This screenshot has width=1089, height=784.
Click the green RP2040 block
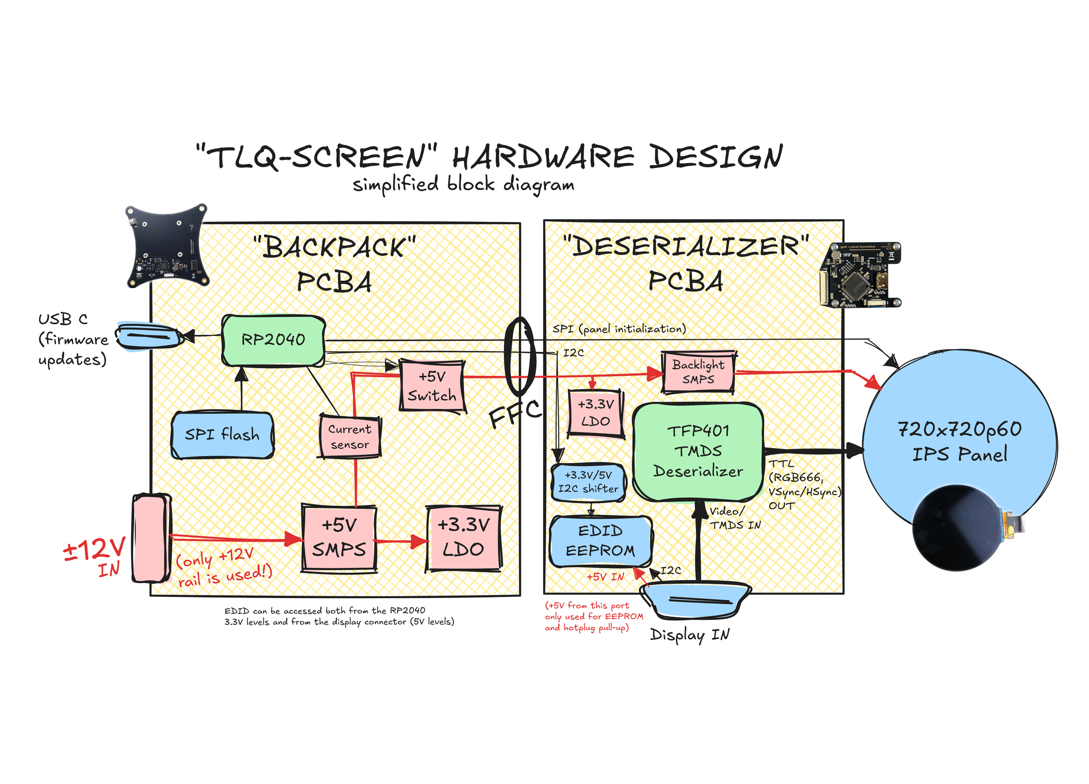tap(273, 340)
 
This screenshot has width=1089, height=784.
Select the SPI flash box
tap(222, 435)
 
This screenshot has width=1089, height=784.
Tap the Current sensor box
tap(350, 437)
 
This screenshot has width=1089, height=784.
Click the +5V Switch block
tap(432, 386)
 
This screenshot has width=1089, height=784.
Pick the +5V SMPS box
tap(339, 538)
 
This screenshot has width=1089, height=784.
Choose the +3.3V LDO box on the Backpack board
tap(463, 538)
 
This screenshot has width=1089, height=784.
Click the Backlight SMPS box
tap(698, 372)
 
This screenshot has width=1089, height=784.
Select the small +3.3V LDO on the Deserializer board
tap(596, 413)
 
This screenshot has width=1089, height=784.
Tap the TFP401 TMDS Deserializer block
tap(698, 451)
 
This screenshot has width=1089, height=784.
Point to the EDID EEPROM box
tap(600, 541)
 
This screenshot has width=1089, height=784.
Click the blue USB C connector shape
tap(148, 336)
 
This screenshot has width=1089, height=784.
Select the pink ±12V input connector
tap(152, 538)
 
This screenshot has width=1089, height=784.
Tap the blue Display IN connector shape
tap(695, 600)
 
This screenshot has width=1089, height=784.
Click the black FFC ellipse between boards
tap(520, 355)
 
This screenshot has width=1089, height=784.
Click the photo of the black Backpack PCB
tap(166, 246)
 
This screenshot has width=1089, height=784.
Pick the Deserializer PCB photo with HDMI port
tap(860, 275)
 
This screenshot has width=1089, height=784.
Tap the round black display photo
tap(958, 528)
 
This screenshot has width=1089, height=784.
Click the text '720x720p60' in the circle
tap(959, 429)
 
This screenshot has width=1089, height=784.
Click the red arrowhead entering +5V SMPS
tap(294, 539)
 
